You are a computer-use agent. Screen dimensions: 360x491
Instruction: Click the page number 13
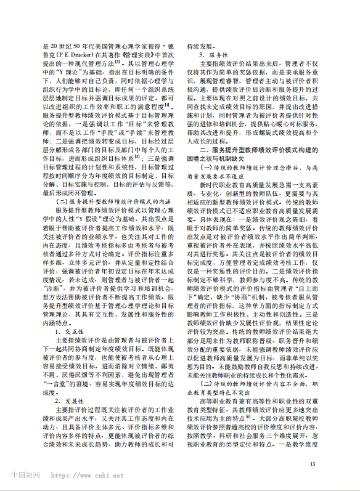click(x=313, y=465)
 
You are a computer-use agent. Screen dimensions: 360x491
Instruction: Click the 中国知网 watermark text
click(x=25, y=476)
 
